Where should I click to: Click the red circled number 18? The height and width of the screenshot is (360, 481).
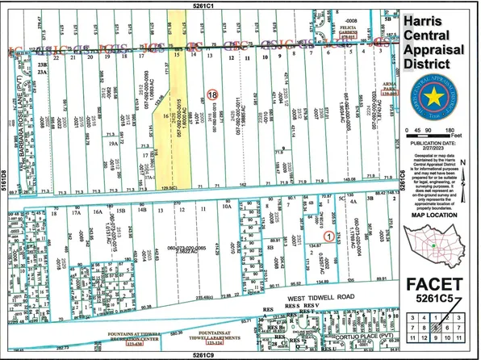point(212,94)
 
